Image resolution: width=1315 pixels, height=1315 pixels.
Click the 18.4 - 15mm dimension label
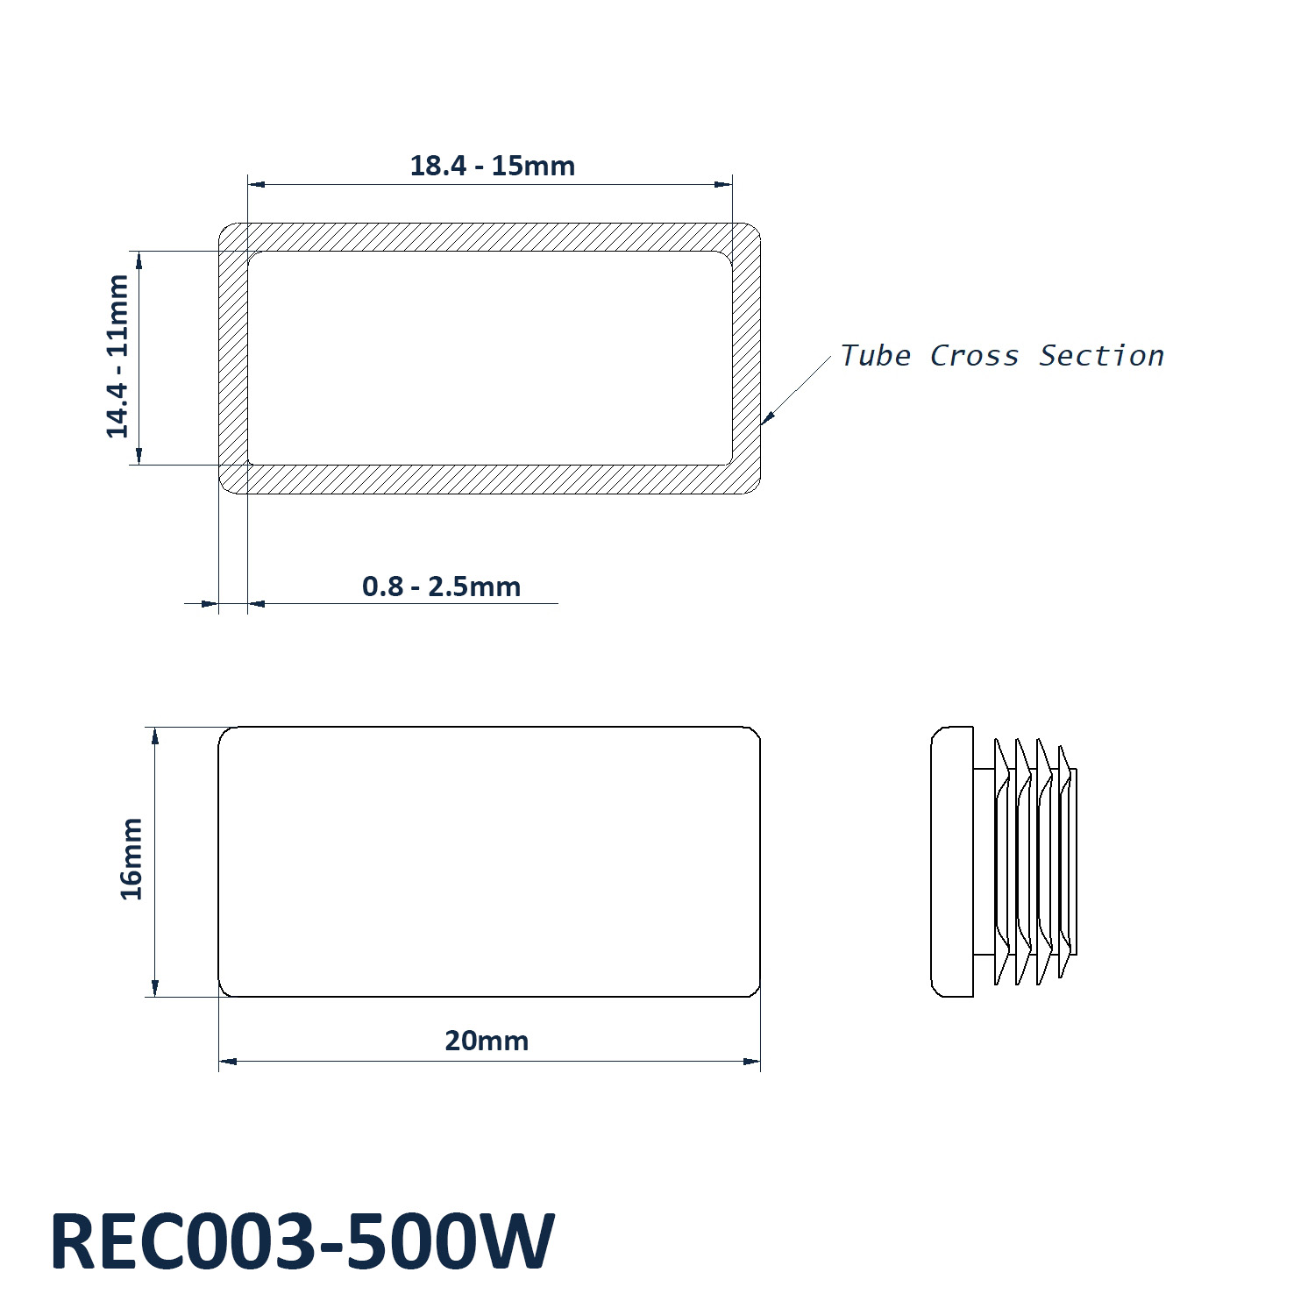[x=493, y=166]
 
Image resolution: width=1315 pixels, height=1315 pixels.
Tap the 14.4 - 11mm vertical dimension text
[x=117, y=356]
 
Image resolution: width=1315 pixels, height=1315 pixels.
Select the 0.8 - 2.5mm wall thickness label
[x=441, y=586]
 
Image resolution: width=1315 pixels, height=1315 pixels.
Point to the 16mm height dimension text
[x=131, y=859]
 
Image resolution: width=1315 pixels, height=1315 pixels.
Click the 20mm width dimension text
[x=487, y=1041]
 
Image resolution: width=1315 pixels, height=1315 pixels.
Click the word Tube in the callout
[x=875, y=355]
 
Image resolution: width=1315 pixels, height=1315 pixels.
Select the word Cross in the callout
[x=974, y=355]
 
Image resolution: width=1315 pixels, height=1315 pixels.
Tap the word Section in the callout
[x=1101, y=355]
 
